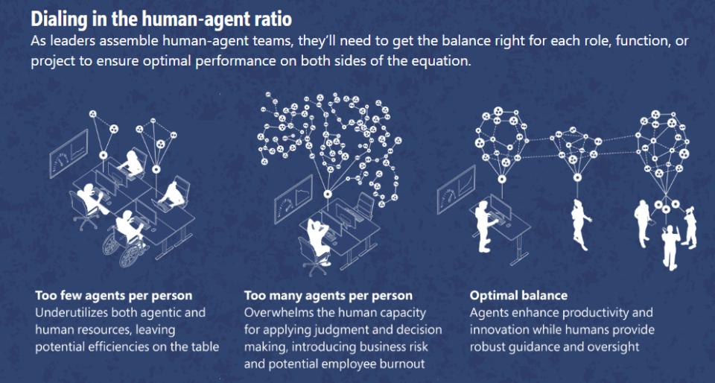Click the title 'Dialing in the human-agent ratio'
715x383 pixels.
161,19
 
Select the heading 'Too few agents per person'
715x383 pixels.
113,296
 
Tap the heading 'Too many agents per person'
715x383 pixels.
328,296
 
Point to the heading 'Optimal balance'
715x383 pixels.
518,296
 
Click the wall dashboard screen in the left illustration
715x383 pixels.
69,153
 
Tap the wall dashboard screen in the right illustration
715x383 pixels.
456,189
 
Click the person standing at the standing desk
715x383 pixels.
485,227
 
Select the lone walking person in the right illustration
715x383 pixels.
580,224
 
